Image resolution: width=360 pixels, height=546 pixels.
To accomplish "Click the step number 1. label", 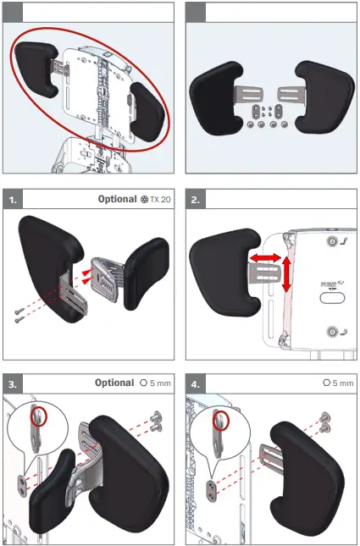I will coord(13,200).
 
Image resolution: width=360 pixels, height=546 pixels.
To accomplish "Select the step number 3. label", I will coord(13,383).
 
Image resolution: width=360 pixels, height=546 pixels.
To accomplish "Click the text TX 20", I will coord(161,200).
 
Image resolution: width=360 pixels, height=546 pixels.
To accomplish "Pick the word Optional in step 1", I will coord(116,200).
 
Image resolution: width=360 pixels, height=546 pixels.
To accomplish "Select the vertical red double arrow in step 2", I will coord(286,275).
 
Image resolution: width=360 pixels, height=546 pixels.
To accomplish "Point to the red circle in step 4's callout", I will coord(222,421).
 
